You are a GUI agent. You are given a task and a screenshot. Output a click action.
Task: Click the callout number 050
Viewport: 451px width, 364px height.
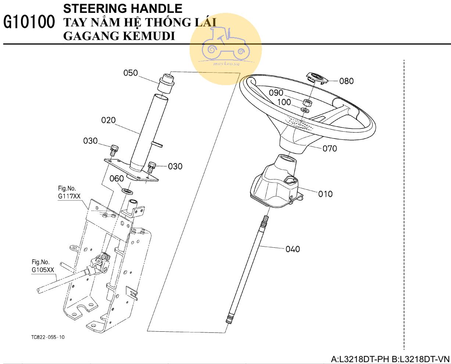[130, 73]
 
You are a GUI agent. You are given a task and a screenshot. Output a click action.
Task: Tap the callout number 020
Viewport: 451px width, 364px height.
[108, 120]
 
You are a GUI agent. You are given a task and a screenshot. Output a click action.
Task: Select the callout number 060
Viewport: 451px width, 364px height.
[117, 179]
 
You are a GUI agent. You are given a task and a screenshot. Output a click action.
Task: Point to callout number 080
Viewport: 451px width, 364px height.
[346, 81]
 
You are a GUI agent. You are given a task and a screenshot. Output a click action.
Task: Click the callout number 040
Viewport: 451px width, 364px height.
[293, 249]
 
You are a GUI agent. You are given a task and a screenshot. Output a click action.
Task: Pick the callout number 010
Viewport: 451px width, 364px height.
[325, 194]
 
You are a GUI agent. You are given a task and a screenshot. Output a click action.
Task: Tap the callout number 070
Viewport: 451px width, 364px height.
[330, 149]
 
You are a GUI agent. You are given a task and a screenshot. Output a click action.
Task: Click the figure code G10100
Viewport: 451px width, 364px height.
[29, 22]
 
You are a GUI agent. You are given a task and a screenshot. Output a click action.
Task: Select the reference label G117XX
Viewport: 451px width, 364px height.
[69, 196]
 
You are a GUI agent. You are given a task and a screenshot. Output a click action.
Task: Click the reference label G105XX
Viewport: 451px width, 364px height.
[43, 270]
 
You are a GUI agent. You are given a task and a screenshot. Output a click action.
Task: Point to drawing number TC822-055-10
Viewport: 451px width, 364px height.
[48, 337]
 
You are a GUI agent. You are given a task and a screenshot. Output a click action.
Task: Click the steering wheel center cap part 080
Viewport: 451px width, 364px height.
[316, 79]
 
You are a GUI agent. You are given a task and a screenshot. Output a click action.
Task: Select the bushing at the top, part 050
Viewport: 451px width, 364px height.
[167, 83]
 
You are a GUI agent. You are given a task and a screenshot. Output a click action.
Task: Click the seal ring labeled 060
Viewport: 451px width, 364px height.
[127, 191]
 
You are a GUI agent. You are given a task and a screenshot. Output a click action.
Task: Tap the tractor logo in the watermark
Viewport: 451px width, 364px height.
[226, 44]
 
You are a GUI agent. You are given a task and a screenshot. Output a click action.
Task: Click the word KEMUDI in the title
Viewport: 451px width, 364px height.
[149, 36]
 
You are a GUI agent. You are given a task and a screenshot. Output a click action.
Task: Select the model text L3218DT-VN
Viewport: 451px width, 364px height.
[421, 359]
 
